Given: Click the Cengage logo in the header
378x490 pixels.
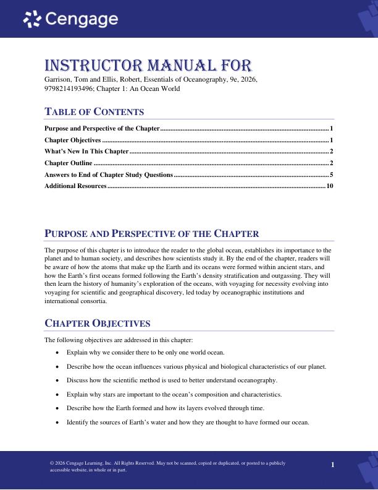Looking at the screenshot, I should pos(70,19).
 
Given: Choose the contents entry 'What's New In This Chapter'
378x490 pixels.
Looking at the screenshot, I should pos(86,151).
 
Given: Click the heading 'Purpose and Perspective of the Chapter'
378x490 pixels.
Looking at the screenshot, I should pos(152,233).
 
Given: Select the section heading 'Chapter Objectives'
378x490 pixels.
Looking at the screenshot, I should pos(98,324).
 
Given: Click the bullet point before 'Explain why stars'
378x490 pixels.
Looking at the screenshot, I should pos(58,394).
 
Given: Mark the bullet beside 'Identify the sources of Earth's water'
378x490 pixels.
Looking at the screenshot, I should pos(58,423).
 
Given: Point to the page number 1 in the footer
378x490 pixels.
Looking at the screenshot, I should pos(332,465).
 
